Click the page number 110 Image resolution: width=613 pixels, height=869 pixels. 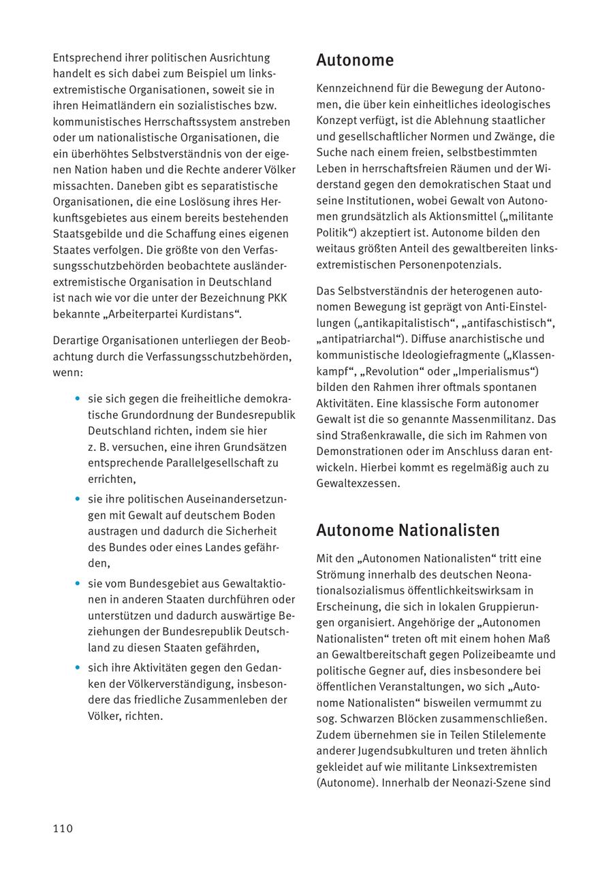63,828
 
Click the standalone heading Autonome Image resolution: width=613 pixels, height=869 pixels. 355,61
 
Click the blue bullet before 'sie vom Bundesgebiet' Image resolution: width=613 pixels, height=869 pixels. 78,584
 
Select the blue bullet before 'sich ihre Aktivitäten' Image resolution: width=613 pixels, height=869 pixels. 78,668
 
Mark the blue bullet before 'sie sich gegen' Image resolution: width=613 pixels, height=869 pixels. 78,399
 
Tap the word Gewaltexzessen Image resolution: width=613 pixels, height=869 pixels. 358,484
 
